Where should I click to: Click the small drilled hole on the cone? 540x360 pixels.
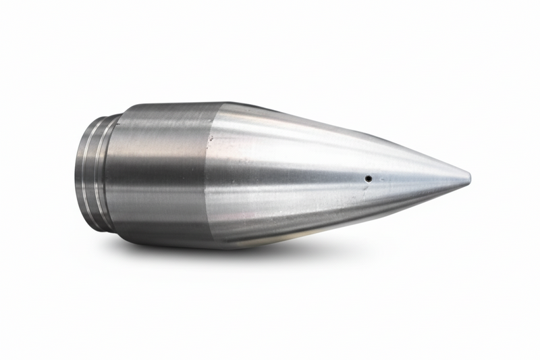pos(368,179)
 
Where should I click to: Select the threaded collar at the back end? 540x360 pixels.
pos(91,173)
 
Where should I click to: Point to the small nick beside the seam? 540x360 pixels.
pos(211,138)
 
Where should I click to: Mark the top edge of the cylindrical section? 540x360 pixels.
pos(169,105)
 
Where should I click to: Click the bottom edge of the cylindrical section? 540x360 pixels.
pos(169,243)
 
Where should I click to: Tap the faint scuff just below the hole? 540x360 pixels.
pos(368,189)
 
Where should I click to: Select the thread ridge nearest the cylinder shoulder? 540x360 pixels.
pos(101,173)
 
